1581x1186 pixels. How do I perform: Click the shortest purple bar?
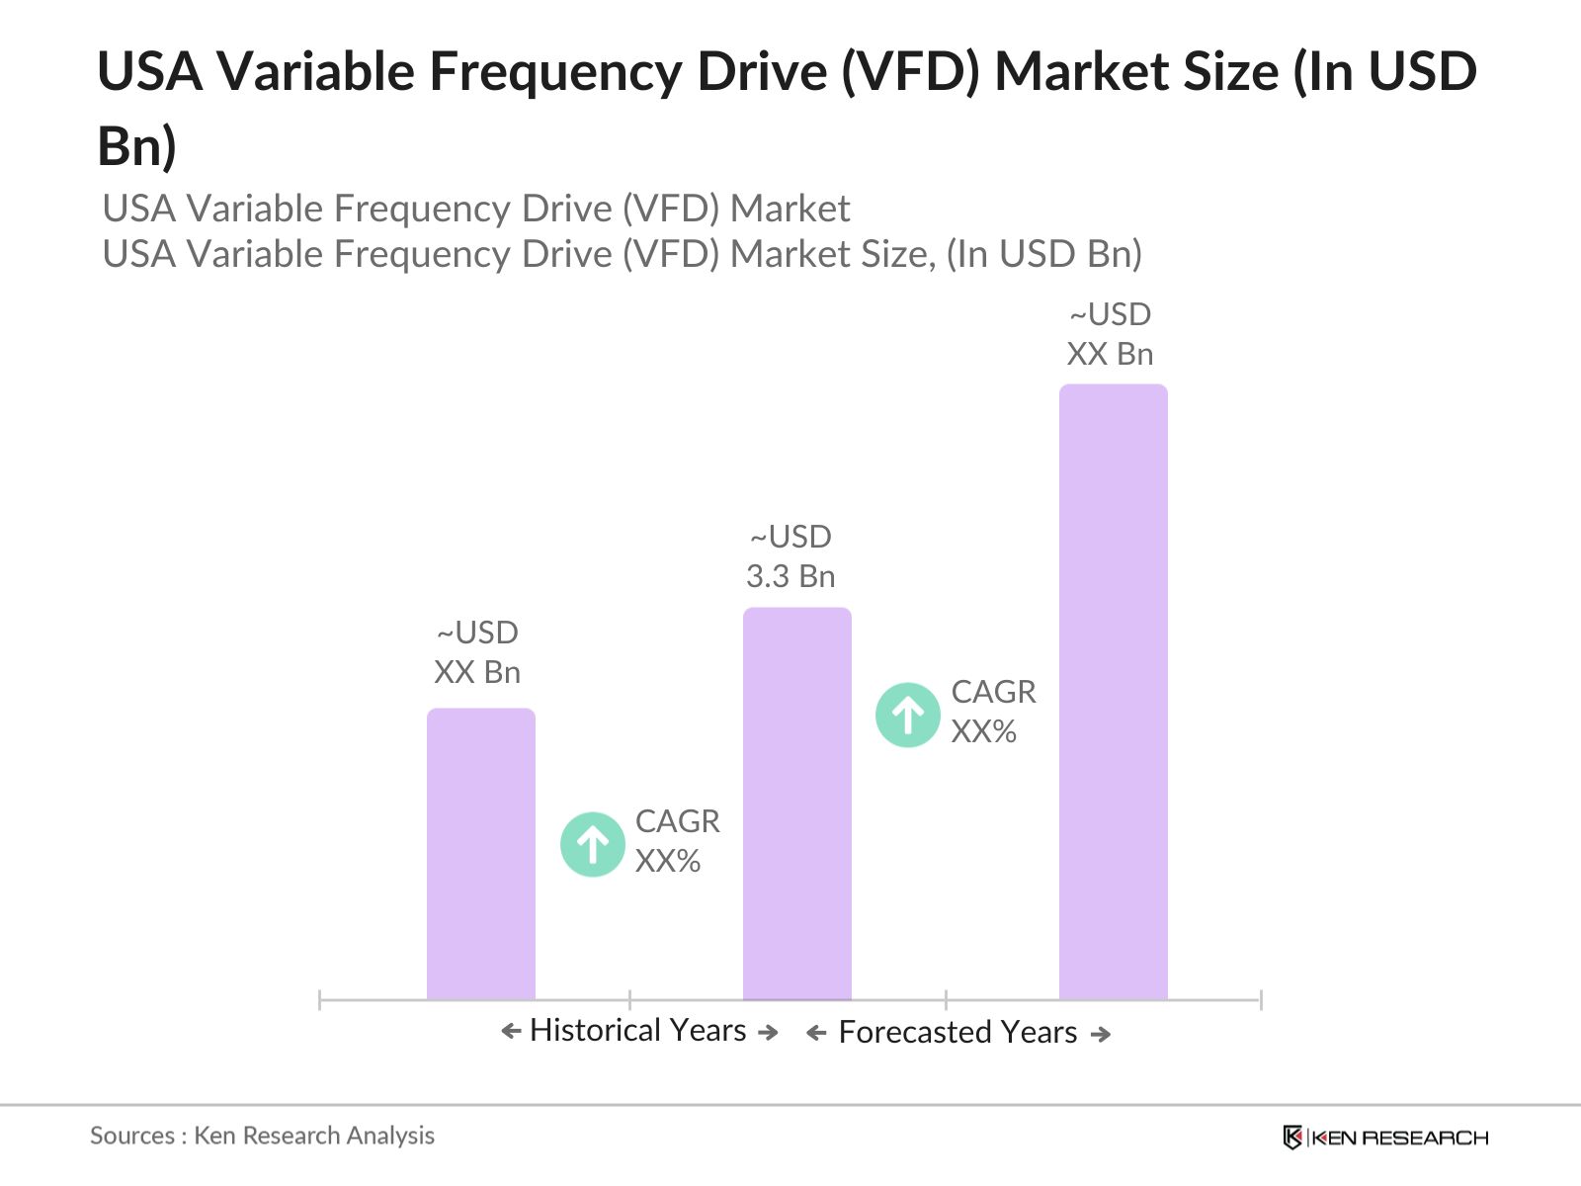pos(480,855)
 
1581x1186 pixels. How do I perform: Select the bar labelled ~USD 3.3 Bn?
pos(796,805)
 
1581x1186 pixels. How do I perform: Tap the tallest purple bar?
pos(1113,692)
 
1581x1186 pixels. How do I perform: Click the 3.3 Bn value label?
pos(790,576)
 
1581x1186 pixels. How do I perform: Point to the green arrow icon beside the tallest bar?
pos(907,715)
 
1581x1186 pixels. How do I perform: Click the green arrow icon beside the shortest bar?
pos(592,844)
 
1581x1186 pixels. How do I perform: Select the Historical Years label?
pos(637,1030)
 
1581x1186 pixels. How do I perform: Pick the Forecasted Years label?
pos(957,1032)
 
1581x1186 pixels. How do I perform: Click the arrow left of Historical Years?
pos(511,1032)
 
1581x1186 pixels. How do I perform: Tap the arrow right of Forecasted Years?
pos(1100,1034)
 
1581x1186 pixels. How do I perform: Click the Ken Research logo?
pos(1384,1138)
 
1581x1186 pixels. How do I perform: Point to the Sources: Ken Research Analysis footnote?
pos(262,1136)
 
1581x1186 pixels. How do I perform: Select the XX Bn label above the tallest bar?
pos(1110,354)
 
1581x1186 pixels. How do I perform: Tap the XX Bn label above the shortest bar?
pos(477,672)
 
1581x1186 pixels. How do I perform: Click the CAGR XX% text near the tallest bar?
pos(992,712)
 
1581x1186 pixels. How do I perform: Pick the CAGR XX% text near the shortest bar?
pos(676,841)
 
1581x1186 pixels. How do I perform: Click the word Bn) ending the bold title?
pos(136,146)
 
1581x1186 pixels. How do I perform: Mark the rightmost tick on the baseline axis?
pos(1260,1000)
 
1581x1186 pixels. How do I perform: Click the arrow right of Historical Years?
pos(768,1032)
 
